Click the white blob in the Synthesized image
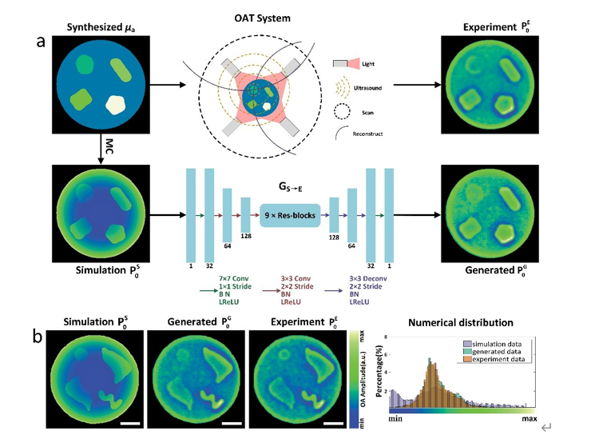point(118,103)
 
